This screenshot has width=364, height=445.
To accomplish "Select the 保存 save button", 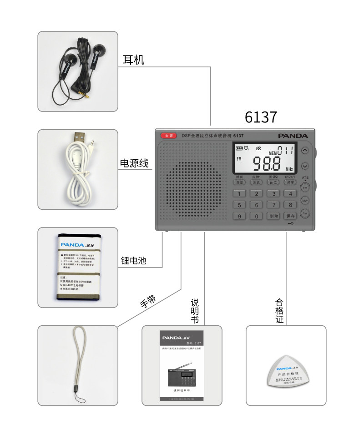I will (x=290, y=216).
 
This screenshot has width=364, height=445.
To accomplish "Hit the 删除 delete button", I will (x=273, y=216).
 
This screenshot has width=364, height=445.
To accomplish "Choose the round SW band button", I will (x=305, y=213).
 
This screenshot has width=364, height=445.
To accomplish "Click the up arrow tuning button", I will (x=305, y=151).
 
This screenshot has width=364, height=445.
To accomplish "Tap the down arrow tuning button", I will (x=305, y=166).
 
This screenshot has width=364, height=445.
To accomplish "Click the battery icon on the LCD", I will (x=239, y=148).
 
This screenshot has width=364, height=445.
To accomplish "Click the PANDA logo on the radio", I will (x=293, y=136).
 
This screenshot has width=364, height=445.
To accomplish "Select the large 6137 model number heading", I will (x=261, y=117).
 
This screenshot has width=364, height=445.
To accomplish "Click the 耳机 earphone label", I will (x=134, y=60).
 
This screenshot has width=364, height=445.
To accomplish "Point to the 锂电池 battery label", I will (x=133, y=261).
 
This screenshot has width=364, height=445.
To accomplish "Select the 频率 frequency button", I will (x=290, y=182).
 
